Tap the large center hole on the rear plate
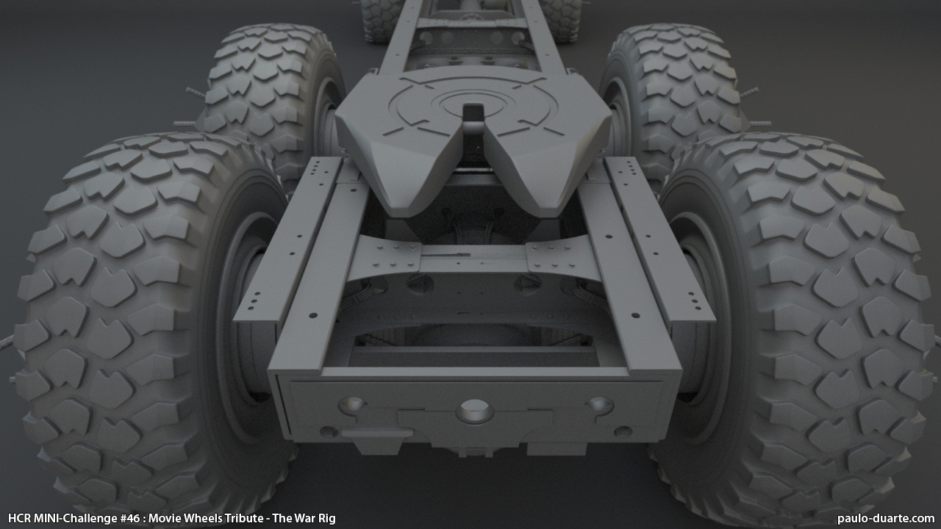(475, 411)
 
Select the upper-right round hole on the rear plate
(600, 405)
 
